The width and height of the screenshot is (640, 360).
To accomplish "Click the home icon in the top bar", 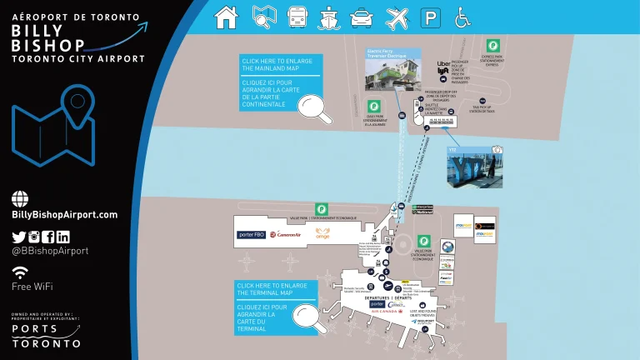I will (x=226, y=17).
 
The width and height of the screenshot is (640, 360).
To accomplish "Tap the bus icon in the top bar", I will (x=297, y=17).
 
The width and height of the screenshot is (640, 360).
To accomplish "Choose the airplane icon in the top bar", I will (x=397, y=17).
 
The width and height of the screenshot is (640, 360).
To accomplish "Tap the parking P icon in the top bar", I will (x=430, y=17).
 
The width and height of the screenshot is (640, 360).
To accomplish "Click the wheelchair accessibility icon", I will (x=461, y=17).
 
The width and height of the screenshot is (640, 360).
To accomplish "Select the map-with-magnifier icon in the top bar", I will (x=263, y=17).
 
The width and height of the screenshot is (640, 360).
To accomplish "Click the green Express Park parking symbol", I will (x=492, y=46).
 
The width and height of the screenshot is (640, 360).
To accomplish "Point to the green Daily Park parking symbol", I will (x=374, y=107).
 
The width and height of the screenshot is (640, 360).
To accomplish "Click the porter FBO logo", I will (x=251, y=234).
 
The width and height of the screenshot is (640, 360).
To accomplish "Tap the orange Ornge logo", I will (x=322, y=234).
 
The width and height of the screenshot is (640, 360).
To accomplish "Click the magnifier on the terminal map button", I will (x=310, y=315).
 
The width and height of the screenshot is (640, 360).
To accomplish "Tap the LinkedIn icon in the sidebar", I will (x=62, y=237).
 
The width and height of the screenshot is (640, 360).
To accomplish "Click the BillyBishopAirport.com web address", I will (x=65, y=214).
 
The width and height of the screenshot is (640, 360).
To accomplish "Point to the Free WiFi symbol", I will (x=20, y=272).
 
